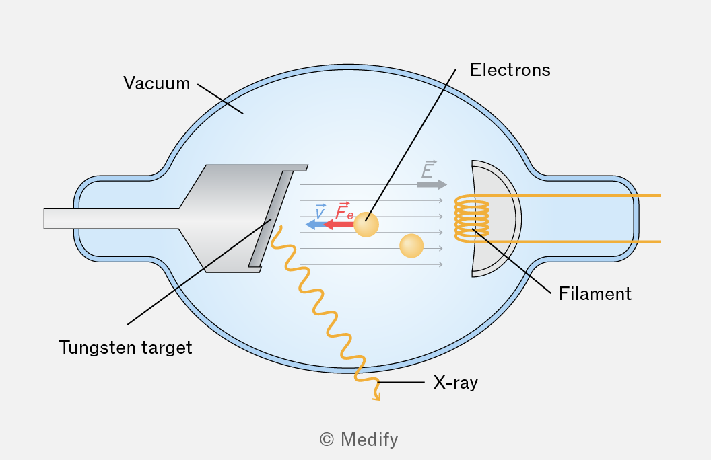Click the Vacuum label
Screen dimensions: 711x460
(x=156, y=83)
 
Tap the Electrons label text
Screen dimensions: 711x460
(x=510, y=70)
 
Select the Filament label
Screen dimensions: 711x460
(x=595, y=294)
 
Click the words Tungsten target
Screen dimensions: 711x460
(x=126, y=348)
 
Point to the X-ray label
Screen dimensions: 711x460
(x=455, y=383)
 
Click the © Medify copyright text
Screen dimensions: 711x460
(x=359, y=440)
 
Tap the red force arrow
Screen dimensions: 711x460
(x=339, y=224)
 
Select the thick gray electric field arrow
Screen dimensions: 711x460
(x=432, y=184)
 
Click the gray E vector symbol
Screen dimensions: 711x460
(x=428, y=169)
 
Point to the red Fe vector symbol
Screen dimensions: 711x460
(x=344, y=211)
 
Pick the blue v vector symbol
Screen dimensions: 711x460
(x=320, y=211)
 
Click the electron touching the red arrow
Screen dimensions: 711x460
(x=366, y=225)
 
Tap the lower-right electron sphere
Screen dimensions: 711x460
(x=411, y=246)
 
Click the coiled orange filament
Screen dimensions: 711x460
(x=472, y=219)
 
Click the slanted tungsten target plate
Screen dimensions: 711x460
(x=271, y=219)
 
